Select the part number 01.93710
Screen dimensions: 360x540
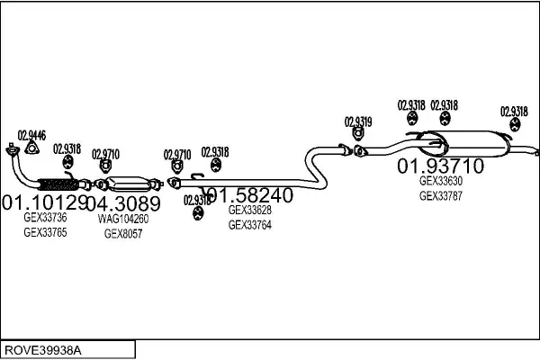[441, 166]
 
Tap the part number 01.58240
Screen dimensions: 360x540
[250, 194]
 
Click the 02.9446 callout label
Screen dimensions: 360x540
[31, 134]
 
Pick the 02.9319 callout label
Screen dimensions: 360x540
[358, 121]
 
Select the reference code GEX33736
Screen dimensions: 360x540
[45, 218]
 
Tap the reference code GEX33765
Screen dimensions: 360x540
[45, 232]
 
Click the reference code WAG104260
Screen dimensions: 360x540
[123, 219]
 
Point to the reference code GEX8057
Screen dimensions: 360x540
[123, 233]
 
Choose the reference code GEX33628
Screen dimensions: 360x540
[249, 211]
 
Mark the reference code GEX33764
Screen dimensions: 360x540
[249, 225]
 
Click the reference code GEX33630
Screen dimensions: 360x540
[441, 180]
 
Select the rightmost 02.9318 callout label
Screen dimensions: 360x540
[514, 112]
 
